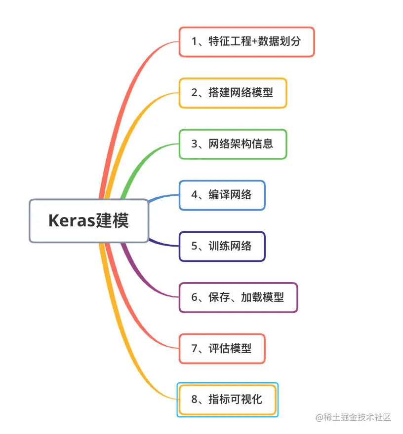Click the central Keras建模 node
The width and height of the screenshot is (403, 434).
pyautogui.click(x=89, y=221)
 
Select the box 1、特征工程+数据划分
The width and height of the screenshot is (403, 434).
pyautogui.click(x=246, y=42)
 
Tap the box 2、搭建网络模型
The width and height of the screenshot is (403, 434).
pyautogui.click(x=233, y=93)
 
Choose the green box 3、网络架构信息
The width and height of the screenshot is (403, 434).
pyautogui.click(x=233, y=144)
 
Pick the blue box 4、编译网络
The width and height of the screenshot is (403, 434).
pyautogui.click(x=222, y=195)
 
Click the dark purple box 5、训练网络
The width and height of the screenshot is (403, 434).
pyautogui.click(x=222, y=246)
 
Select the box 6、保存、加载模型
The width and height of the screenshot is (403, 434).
pyautogui.click(x=238, y=297)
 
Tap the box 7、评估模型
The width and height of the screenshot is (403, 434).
pyautogui.click(x=222, y=348)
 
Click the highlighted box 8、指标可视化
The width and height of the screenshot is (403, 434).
pyautogui.click(x=227, y=399)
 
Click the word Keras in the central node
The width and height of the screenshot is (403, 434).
pyautogui.click(x=71, y=221)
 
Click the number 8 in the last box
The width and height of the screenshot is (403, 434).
pyautogui.click(x=194, y=399)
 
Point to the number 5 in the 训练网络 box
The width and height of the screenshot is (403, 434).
pyautogui.click(x=194, y=246)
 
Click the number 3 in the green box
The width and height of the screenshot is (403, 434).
pyautogui.click(x=194, y=144)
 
